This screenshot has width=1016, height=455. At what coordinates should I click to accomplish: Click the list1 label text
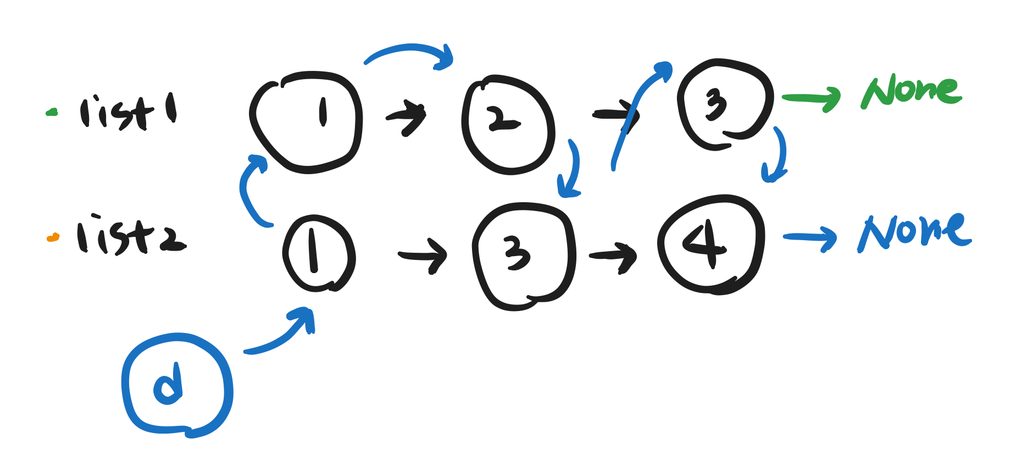pyautogui.click(x=127, y=113)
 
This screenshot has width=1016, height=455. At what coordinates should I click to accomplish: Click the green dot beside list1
pyautogui.click(x=52, y=113)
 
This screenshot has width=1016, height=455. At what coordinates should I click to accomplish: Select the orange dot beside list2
pyautogui.click(x=53, y=237)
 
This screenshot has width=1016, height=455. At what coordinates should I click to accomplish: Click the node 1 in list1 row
pyautogui.click(x=307, y=122)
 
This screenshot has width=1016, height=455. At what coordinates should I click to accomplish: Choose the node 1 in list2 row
pyautogui.click(x=318, y=253)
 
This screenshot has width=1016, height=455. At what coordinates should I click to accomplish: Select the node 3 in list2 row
pyautogui.click(x=523, y=255)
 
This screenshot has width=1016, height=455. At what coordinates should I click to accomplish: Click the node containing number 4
pyautogui.click(x=711, y=244)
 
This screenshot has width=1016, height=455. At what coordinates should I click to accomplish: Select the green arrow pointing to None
pyautogui.click(x=811, y=99)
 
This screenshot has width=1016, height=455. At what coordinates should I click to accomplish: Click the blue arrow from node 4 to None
pyautogui.click(x=810, y=238)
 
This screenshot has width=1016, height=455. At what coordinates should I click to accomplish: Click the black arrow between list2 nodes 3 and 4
pyautogui.click(x=613, y=256)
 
